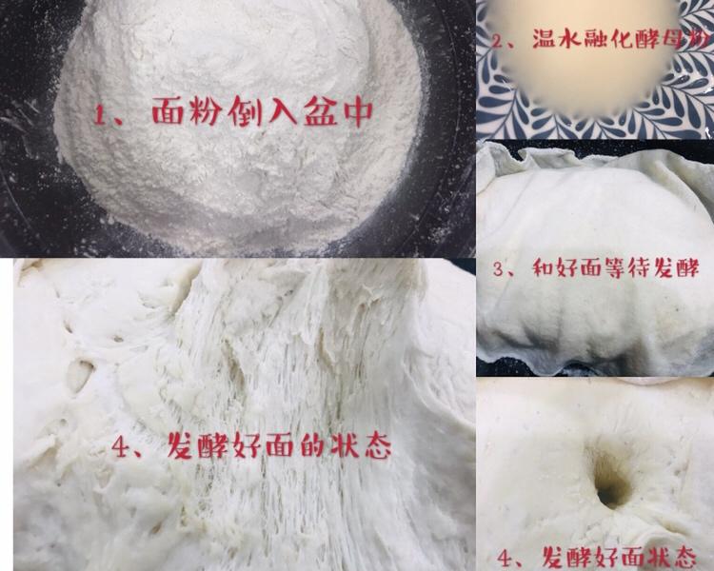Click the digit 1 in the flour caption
(101, 115)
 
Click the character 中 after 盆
(358, 114)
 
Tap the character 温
(545, 41)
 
